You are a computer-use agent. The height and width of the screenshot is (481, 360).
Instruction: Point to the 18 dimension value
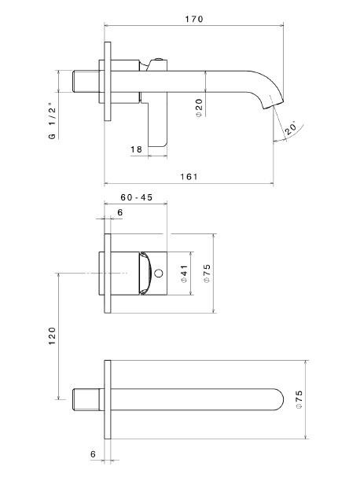[137, 148]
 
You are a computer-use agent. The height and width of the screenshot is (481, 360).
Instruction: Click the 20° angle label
[290, 128]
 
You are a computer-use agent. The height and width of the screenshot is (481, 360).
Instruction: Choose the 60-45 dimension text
[136, 198]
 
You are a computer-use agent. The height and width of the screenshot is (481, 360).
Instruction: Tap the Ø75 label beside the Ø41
[207, 274]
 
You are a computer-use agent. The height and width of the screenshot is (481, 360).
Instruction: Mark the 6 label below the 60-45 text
[119, 213]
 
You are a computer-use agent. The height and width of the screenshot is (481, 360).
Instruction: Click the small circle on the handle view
[160, 274]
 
